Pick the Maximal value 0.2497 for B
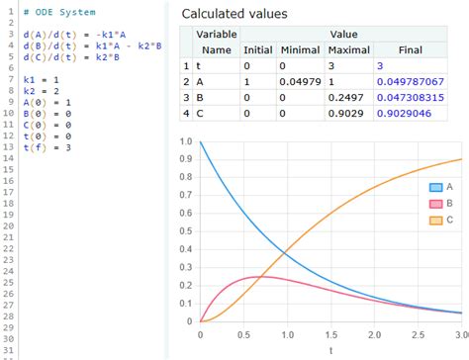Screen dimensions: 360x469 [x=353, y=98]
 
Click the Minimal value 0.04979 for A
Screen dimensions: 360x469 [x=299, y=81]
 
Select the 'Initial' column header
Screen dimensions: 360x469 [x=257, y=48]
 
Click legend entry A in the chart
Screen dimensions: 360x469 [x=442, y=187]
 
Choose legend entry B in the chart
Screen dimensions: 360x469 [x=442, y=203]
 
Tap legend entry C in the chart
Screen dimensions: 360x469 [x=442, y=220]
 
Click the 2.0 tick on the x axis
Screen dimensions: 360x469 [x=373, y=335]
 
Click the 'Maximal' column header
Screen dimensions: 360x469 [x=353, y=48]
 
